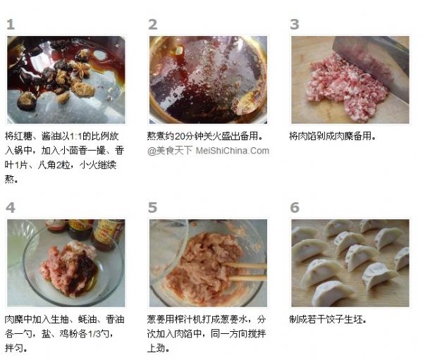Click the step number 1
(x=11, y=25)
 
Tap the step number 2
(x=153, y=25)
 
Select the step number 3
(x=295, y=25)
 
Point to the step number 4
(x=11, y=208)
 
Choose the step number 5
(x=153, y=208)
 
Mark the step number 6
(x=295, y=208)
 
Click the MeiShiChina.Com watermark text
(x=232, y=151)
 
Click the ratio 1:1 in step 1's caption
(x=76, y=136)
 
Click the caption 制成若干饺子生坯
(x=328, y=320)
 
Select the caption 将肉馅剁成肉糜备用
(x=332, y=136)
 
